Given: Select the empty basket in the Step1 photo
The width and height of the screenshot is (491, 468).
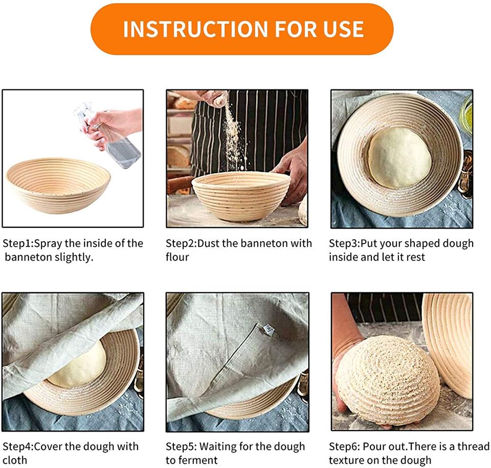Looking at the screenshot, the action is (x=58, y=185).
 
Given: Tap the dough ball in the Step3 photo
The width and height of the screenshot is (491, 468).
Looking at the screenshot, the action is (x=399, y=158).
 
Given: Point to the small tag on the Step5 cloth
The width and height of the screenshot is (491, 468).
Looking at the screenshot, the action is (x=269, y=330).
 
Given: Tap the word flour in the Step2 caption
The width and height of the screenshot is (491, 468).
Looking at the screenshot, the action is (x=177, y=257).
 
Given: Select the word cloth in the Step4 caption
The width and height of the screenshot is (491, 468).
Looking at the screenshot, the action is (x=15, y=460).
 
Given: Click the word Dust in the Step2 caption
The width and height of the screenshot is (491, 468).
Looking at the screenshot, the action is (x=209, y=243).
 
